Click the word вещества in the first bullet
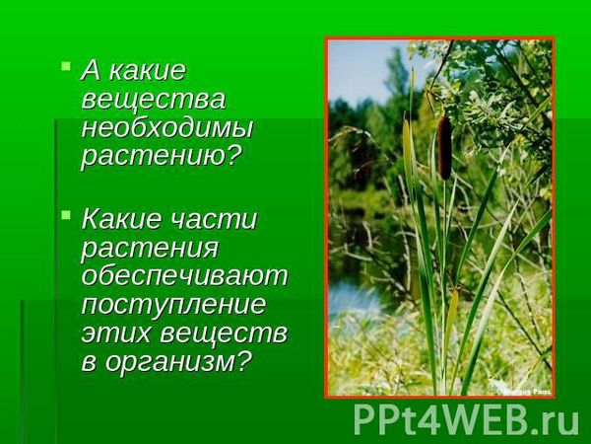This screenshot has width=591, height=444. coord(154,100)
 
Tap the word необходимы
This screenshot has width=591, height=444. coord(166,128)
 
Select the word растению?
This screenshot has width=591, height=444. coord(161,156)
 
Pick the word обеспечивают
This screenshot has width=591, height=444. coord(184,275)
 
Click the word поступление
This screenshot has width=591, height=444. coord(173,304)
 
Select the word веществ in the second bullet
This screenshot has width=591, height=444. coord(224,333)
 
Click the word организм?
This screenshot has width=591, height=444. coord(177,363)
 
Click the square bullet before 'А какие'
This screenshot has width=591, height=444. coord(66,67)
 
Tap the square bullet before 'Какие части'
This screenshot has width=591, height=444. coord(66,215)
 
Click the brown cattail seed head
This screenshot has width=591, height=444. coord(445,147)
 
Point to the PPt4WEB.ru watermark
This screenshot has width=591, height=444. coord(466,420)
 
